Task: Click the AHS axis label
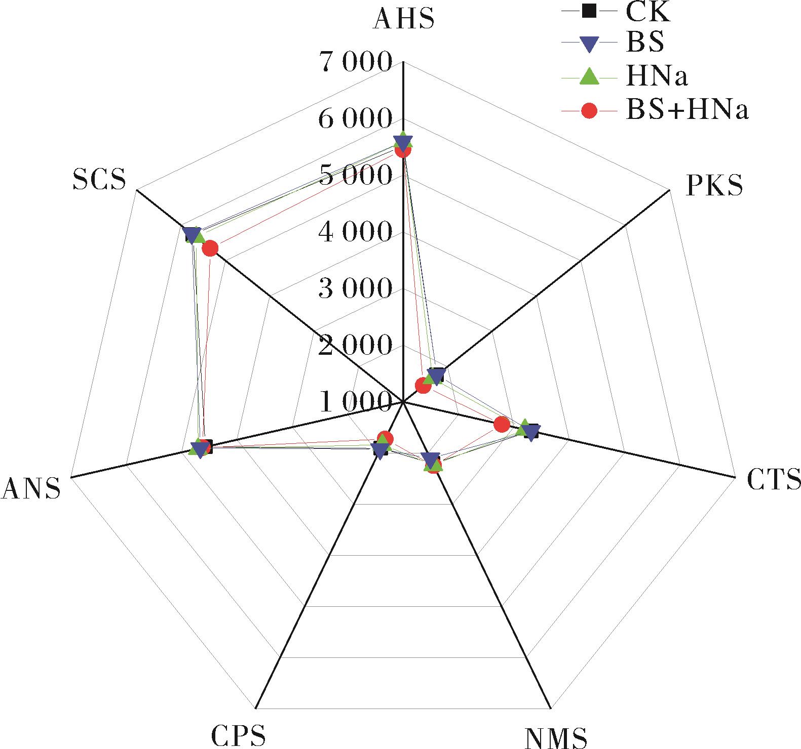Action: coord(403,19)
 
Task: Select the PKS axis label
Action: coord(714,185)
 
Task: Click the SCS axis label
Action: coord(99,179)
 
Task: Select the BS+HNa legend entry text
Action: coord(687,110)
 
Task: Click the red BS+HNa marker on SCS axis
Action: coord(210,248)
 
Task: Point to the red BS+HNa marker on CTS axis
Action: coord(502,424)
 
